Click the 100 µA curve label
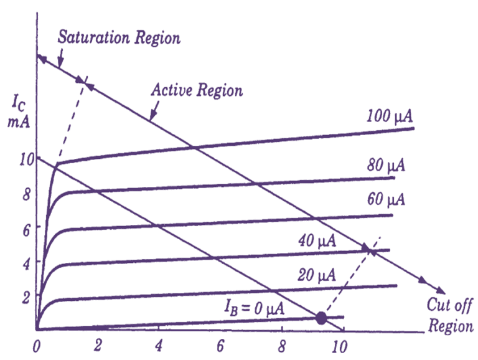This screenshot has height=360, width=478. tap(390, 116)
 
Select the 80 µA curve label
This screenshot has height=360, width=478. tap(386, 166)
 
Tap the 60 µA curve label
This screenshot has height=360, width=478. tap(385, 200)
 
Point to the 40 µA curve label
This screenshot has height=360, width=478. tap(317, 240)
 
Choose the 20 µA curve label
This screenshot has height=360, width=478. tap(317, 275)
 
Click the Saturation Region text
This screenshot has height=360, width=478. tap(119, 37)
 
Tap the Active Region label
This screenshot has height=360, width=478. tap(197, 90)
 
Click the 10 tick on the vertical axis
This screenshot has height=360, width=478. tap(23, 159)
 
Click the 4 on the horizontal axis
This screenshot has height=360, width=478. tap(159, 345)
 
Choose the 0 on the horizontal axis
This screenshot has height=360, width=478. tap(37, 345)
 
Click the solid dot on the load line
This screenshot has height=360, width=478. tap(321, 318)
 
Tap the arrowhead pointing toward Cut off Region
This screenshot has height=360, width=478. tap(440, 290)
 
